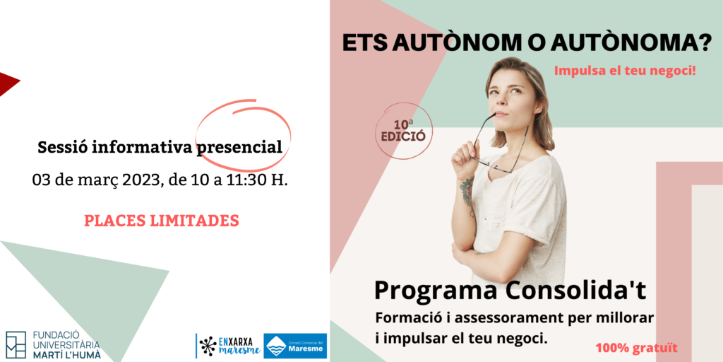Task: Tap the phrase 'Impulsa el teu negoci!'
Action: point(625,71)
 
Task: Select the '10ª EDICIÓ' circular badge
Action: point(403,131)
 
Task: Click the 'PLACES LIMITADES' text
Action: point(162,221)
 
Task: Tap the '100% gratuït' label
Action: point(636,348)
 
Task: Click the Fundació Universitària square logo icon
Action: point(16,344)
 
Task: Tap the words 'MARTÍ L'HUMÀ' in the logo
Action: point(66,355)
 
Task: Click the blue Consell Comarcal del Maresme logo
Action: point(295,346)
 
